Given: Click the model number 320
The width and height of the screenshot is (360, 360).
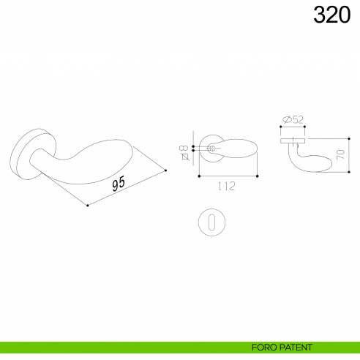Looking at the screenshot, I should point(331,14).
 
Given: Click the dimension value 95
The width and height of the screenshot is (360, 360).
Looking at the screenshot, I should point(119,184).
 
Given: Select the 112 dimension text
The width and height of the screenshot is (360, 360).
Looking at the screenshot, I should point(226,187).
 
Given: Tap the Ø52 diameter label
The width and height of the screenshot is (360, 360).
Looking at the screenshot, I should point(294,119).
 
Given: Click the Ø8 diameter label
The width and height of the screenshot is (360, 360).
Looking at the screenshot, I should point(184,151).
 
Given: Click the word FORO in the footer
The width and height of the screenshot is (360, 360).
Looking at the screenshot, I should point(264,347).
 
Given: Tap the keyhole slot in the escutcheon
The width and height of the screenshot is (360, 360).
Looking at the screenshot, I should point(212,222).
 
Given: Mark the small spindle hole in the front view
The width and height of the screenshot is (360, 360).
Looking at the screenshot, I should point(211,149).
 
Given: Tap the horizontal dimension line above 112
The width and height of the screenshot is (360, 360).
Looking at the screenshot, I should point(228,176).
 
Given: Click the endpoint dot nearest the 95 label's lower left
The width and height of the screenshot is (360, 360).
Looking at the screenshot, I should point(88,206).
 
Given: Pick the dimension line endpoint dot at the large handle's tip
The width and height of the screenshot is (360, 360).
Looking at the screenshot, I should point(166,171).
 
